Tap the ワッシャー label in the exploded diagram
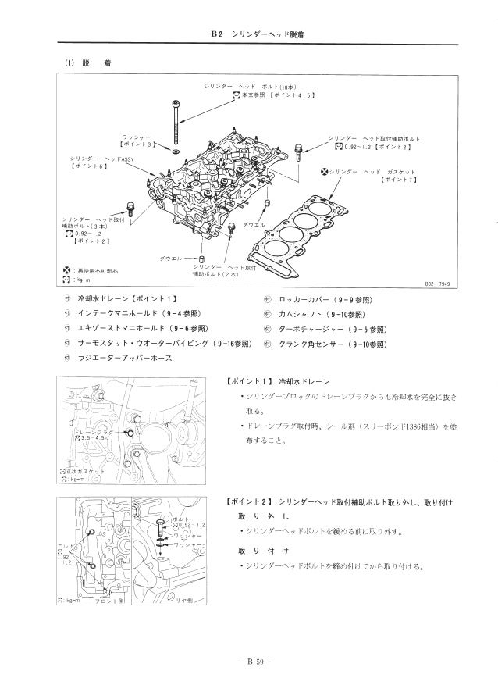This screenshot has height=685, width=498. tap(136, 137)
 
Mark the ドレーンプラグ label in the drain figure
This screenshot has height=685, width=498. tap(92, 431)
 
